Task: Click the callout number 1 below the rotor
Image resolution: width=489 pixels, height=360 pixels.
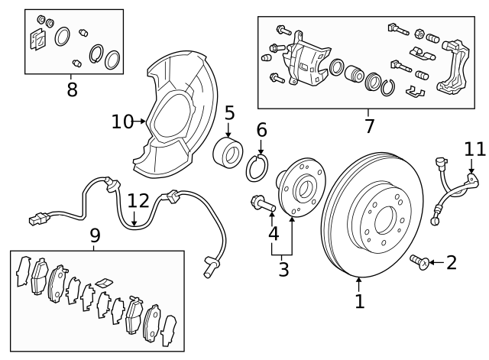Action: tap(360, 300)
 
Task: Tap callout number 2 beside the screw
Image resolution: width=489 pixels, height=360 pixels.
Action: tap(451, 263)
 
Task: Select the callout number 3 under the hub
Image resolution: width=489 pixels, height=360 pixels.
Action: tap(283, 268)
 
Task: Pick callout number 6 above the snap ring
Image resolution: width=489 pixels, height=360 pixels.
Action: tap(261, 131)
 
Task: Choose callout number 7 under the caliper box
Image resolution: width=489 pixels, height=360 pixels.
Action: tap(369, 125)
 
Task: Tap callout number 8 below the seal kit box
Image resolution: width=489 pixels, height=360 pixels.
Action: tap(72, 89)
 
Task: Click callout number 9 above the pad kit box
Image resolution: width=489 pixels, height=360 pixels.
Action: tap(95, 235)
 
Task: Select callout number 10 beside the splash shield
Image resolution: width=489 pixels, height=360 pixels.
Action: tap(122, 121)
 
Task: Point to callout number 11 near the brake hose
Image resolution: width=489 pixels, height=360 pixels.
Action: tap(474, 148)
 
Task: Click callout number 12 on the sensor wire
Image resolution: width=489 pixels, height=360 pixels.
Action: tap(138, 201)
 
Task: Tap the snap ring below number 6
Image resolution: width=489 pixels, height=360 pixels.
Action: tap(257, 167)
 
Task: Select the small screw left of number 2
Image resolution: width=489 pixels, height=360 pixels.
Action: tap(419, 262)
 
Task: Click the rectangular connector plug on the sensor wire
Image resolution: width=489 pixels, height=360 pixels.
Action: tap(35, 220)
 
